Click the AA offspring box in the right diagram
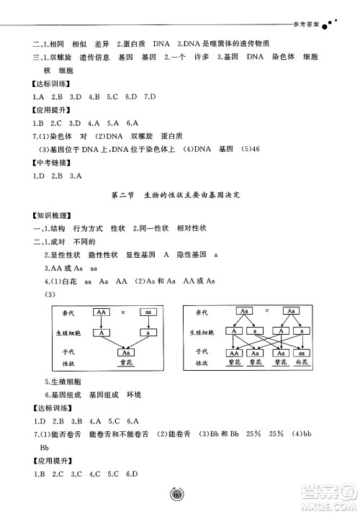(234, 353)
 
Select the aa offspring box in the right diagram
(302, 353)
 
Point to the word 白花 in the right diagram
(302, 364)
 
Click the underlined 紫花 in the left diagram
(125, 364)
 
